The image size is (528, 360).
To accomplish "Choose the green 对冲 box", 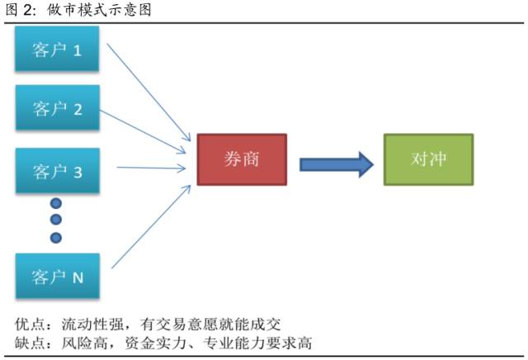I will [x=429, y=159].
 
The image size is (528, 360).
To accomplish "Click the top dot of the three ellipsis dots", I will [x=56, y=203].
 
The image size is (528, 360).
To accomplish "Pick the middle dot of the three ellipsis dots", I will [x=56, y=220].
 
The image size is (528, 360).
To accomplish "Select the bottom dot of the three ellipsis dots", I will [x=56, y=238].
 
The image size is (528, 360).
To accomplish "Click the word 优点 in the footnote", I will [x=30, y=323].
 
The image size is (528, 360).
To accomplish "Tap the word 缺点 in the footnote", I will [x=30, y=342].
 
